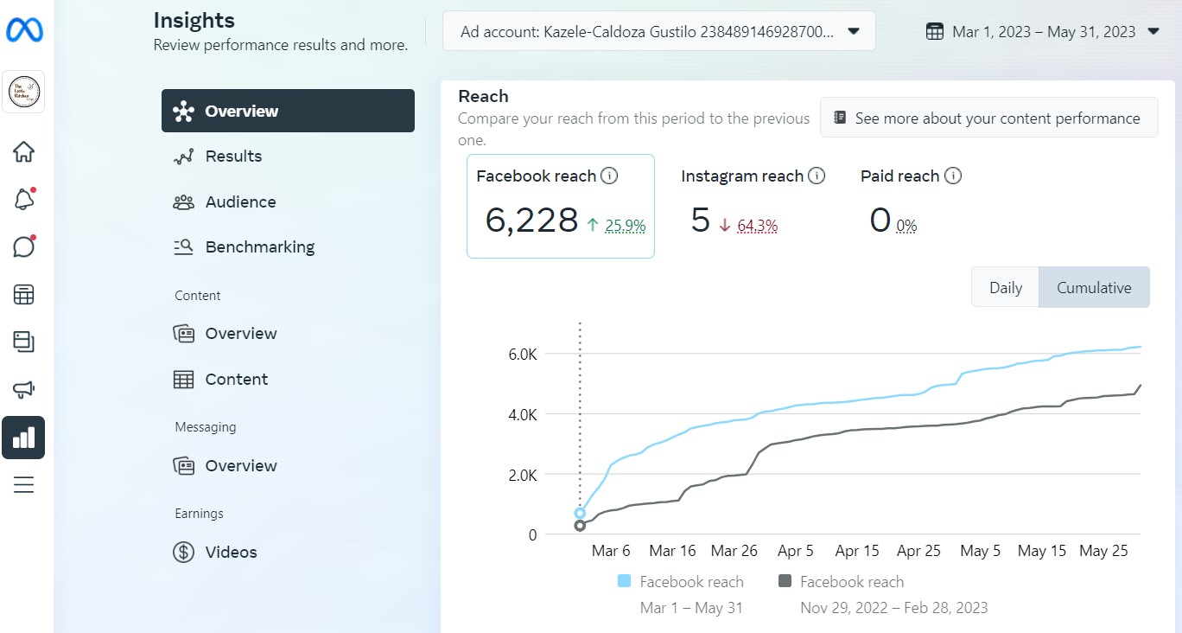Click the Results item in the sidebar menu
coord(232,157)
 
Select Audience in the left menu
coord(239,202)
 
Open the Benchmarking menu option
coord(259,247)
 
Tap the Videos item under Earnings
coord(230,553)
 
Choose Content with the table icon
coord(236,380)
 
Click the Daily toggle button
coord(1005,288)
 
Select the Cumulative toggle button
coord(1094,288)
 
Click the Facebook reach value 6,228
coord(531,221)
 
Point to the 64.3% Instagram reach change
coord(758,227)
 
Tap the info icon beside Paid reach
coord(953,176)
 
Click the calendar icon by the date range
coord(934,32)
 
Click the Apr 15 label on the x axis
coord(857,551)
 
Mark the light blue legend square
coord(625,582)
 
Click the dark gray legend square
coord(785,582)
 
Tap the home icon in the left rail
coord(24,152)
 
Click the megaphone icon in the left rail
coord(24,390)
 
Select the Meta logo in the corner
coord(24,31)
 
